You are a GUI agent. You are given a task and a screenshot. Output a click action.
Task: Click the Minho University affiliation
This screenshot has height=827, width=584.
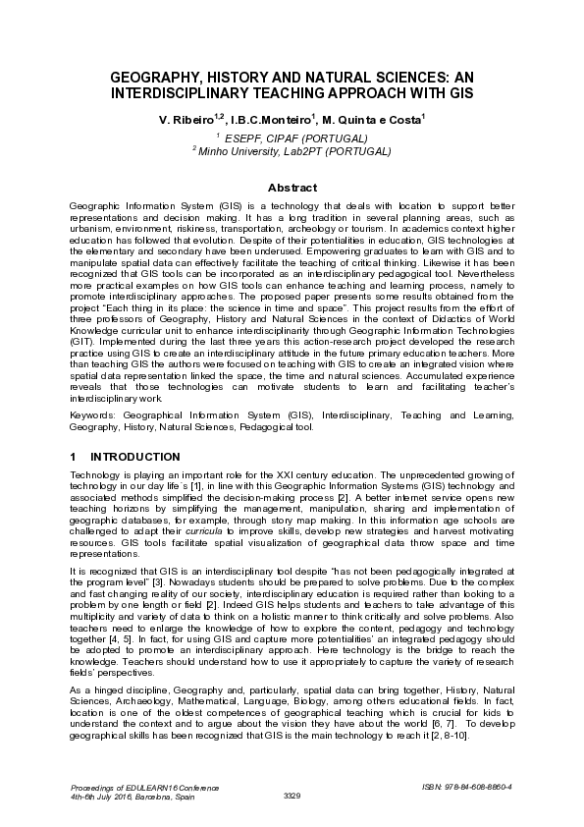point(292,152)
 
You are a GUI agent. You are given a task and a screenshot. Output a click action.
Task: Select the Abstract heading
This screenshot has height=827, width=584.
point(292,187)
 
